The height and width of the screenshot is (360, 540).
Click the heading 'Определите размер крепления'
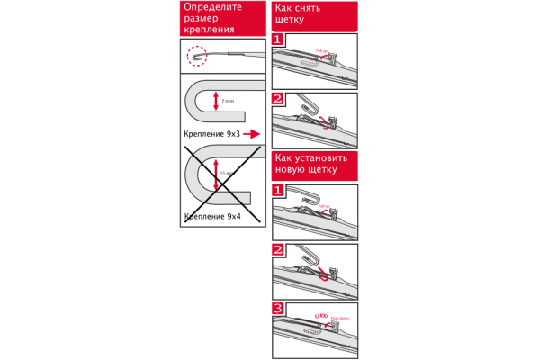[x=214, y=18]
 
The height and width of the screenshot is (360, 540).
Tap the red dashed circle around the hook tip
[x=197, y=57]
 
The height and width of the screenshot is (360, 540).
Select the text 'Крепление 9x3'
[x=211, y=133]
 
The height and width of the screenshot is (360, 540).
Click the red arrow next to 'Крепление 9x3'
[x=253, y=133]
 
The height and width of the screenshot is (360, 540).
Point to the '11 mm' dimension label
[x=228, y=172]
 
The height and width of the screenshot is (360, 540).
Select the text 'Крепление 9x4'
[x=211, y=216]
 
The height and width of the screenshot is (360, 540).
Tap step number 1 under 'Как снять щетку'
[x=278, y=40]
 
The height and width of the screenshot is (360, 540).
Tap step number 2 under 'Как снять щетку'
[x=278, y=99]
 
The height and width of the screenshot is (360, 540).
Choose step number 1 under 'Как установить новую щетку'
[x=278, y=191]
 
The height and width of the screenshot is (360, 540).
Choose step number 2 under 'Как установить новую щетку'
[x=278, y=249]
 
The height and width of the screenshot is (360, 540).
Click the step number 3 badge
[x=278, y=309]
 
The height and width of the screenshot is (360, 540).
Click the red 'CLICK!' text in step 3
[x=319, y=315]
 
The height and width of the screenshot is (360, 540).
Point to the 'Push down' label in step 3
[x=339, y=318]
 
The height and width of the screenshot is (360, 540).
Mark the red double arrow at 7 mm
[x=216, y=102]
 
